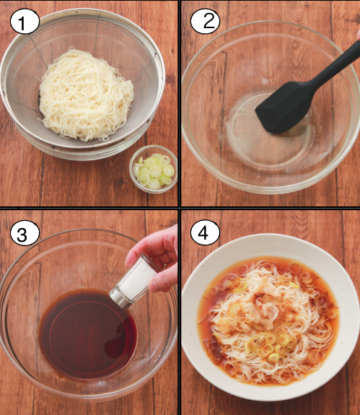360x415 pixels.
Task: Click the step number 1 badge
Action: coord(25,22)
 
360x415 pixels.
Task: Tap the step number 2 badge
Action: coord(205,22)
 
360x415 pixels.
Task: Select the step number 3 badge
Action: coord(25,233)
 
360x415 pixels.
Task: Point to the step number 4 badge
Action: coord(205,232)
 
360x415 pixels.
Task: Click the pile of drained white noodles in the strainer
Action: coord(85,95)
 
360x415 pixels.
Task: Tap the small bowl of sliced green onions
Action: coord(153,170)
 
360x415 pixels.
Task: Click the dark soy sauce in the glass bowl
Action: coord(88,334)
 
